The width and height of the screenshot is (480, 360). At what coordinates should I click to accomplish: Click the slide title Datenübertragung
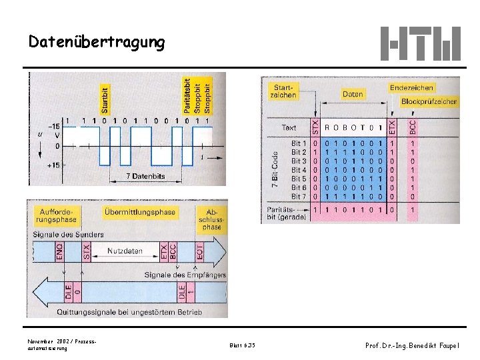(x=97, y=42)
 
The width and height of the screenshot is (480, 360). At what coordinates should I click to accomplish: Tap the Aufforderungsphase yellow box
(x=57, y=215)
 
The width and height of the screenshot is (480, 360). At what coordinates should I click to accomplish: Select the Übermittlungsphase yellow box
(x=141, y=212)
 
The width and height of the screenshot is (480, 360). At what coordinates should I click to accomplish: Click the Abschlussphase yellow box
(x=211, y=217)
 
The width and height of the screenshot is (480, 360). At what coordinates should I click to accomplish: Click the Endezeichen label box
(x=411, y=87)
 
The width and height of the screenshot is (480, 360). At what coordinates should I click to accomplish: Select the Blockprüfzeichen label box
(x=429, y=101)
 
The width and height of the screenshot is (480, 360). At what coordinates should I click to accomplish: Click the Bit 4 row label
(x=299, y=170)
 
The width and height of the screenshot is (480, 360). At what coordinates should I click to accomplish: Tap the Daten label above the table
(x=353, y=95)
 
